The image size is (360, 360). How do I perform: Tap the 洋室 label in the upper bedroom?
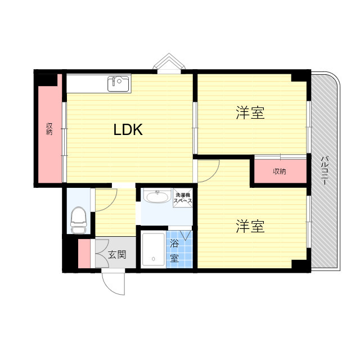pyautogui.click(x=250, y=113)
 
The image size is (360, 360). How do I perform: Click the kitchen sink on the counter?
pyautogui.click(x=119, y=84)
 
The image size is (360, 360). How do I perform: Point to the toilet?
pyautogui.click(x=79, y=220)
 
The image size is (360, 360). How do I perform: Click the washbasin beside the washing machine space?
pyautogui.click(x=156, y=197)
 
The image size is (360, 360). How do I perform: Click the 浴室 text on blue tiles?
pyautogui.click(x=174, y=251)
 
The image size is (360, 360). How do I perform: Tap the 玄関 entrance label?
pyautogui.click(x=117, y=254)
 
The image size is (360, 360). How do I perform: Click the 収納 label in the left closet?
pyautogui.click(x=49, y=129)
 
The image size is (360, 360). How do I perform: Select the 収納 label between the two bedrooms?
pyautogui.click(x=280, y=171)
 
